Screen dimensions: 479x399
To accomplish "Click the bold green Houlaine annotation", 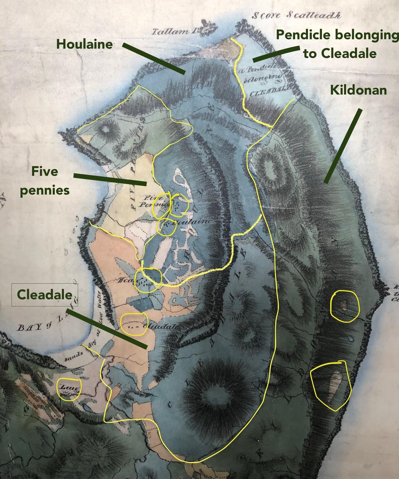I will tap(85, 44).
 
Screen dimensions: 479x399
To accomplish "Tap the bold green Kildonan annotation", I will tap(358, 90).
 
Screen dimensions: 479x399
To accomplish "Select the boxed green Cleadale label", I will tap(45, 294).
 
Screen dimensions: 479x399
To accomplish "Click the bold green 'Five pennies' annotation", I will tap(45, 181).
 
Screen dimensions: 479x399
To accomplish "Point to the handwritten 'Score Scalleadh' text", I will tap(296, 15).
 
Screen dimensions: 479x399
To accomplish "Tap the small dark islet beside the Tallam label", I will tap(208, 28).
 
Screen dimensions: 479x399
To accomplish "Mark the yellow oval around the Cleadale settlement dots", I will tap(134, 324).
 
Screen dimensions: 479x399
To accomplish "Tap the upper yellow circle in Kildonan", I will tap(345, 306).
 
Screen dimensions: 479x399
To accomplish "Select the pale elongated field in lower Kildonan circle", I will tap(333, 385).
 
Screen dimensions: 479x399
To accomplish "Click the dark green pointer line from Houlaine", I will tap(153, 58).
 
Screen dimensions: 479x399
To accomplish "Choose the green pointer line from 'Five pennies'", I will tap(110, 179).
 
